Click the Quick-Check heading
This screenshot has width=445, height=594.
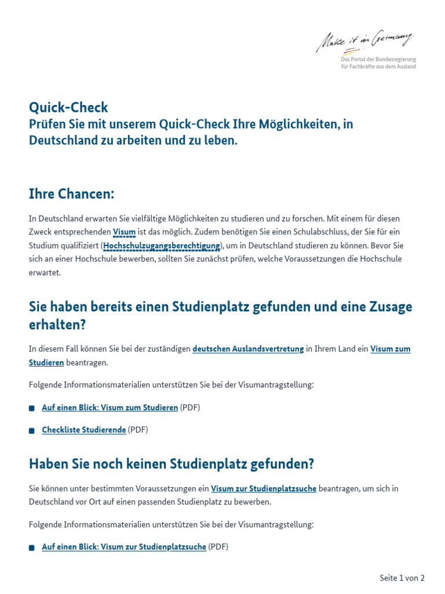[x=68, y=107]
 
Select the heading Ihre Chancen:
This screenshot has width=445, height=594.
[x=71, y=194]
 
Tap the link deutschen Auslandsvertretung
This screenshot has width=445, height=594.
[x=248, y=349]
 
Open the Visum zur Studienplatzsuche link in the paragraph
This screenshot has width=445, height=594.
[x=264, y=488]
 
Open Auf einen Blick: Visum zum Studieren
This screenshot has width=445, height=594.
[x=110, y=408]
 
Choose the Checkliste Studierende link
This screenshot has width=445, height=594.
[x=84, y=430]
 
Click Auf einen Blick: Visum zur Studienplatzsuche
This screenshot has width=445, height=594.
[x=124, y=547]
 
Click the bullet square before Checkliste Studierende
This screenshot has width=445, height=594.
[x=32, y=430]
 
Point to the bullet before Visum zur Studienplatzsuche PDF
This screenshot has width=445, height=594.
[x=32, y=548]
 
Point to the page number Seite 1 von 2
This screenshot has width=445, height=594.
[x=402, y=578]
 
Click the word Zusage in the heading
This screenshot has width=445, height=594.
[x=390, y=307]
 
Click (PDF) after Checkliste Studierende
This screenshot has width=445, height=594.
[x=138, y=430]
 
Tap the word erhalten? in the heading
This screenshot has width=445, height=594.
[x=57, y=325]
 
